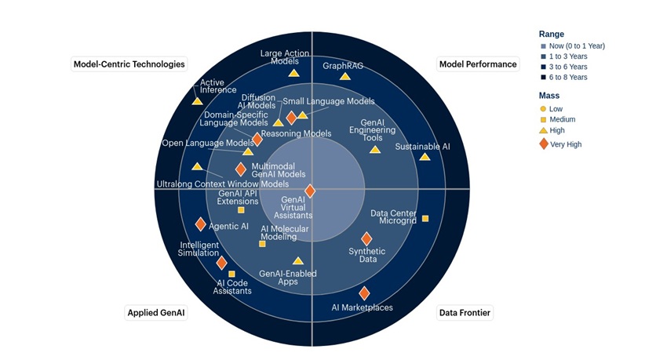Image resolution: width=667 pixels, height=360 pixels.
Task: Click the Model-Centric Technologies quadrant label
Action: pos(129,64)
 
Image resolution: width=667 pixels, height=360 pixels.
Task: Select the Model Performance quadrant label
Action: pos(478,64)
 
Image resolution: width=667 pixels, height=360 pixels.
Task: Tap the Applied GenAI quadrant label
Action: pos(157,313)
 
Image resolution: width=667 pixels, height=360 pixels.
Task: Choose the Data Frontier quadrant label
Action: pos(465,313)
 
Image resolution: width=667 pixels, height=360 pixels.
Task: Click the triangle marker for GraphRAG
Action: pos(345,76)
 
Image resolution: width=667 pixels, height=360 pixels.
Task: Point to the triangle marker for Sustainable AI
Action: pos(425,157)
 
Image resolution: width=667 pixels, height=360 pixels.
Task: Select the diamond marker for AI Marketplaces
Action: pos(364,293)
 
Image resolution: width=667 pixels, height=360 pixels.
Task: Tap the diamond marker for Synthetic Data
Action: pos(366,238)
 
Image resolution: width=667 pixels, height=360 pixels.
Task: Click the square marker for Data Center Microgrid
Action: pos(425,218)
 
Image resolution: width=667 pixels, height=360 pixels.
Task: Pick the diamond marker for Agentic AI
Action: pos(201,225)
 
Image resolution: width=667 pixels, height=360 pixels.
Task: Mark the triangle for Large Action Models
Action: pos(293,73)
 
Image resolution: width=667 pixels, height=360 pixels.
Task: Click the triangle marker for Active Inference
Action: pos(197,100)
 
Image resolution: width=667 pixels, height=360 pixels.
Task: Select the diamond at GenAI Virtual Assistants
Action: pos(310,191)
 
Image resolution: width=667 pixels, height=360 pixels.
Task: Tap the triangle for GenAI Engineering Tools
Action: pos(374,149)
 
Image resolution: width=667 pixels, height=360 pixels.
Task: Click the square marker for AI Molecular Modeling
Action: pos(262,244)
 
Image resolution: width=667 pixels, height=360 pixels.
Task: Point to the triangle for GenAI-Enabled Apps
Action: pos(298,261)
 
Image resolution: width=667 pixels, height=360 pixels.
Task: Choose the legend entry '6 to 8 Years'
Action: pos(569,78)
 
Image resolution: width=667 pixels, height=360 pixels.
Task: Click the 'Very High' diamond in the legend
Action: pos(543,144)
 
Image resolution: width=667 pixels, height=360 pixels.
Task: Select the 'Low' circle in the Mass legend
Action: pos(543,109)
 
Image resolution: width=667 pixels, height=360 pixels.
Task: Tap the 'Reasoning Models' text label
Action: pos(296,134)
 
